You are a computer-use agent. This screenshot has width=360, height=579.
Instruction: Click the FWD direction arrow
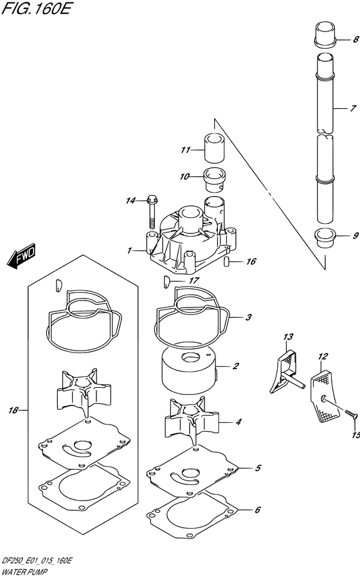click(x=21, y=256)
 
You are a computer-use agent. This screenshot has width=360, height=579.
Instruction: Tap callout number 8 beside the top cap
click(x=355, y=39)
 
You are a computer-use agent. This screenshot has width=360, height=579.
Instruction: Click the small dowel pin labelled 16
click(x=228, y=261)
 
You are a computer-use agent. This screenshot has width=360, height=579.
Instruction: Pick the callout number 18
click(x=14, y=410)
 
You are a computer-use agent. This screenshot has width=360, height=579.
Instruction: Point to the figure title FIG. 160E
click(x=36, y=8)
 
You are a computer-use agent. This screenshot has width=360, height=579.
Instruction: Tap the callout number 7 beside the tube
click(x=354, y=108)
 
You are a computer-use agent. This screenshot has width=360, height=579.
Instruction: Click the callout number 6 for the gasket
click(x=257, y=510)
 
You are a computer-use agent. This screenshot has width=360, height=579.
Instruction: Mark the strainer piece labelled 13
click(x=285, y=373)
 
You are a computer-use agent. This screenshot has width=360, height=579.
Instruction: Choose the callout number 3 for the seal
click(x=248, y=317)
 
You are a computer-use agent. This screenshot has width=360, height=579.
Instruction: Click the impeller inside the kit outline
click(x=84, y=392)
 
